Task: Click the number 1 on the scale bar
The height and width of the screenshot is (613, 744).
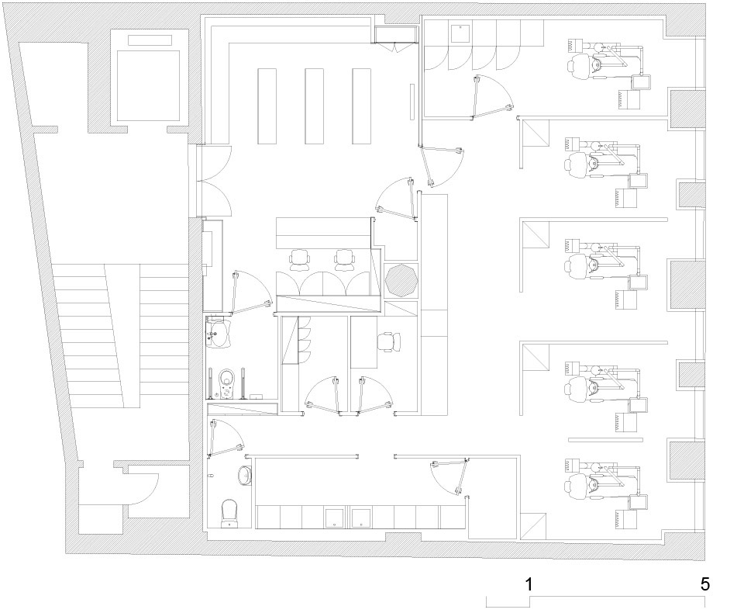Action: point(529,584)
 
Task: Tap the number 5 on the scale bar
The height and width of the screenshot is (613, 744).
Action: point(705,584)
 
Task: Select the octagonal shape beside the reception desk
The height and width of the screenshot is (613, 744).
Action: point(401,280)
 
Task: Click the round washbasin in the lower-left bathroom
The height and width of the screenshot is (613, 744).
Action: point(245,475)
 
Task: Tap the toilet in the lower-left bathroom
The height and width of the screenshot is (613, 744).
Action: point(229,513)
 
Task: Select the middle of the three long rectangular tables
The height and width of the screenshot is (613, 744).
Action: point(314,106)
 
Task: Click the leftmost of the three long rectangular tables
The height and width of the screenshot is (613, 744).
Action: point(267,106)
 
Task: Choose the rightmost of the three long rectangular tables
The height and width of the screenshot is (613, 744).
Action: point(362,106)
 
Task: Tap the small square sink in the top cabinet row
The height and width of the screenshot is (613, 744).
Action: point(460,33)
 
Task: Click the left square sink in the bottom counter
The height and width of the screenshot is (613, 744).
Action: point(335,518)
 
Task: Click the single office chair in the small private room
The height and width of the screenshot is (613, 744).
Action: point(389,342)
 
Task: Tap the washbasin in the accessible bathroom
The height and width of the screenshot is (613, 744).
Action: point(219,333)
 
